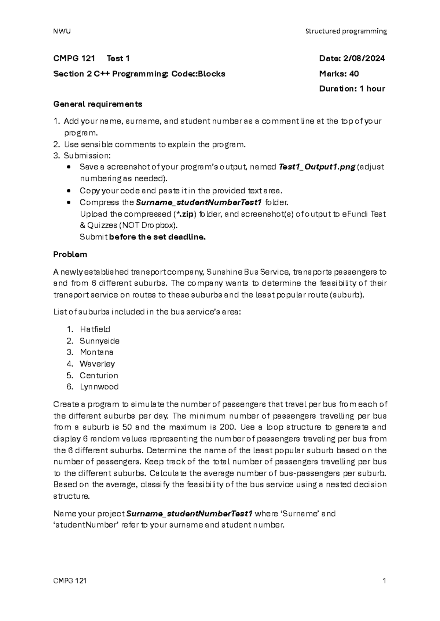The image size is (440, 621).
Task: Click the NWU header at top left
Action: (x=62, y=31)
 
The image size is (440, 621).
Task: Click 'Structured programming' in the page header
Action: (x=346, y=31)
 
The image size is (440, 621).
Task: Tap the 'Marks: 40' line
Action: (x=339, y=74)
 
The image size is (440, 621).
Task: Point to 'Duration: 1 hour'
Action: (x=352, y=89)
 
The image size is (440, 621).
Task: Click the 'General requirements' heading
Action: (x=98, y=104)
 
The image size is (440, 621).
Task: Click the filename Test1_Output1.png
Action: (x=317, y=167)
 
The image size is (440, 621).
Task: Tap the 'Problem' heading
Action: (x=70, y=254)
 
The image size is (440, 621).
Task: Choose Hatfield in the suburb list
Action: (x=95, y=329)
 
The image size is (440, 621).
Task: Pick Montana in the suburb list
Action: (x=96, y=352)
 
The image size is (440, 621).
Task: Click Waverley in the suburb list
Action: (x=97, y=364)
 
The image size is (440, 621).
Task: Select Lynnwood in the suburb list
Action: (x=99, y=387)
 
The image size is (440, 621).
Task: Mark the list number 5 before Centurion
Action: (x=70, y=375)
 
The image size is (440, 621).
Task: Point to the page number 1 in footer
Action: (x=384, y=581)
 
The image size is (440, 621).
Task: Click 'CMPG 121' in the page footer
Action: (x=70, y=581)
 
